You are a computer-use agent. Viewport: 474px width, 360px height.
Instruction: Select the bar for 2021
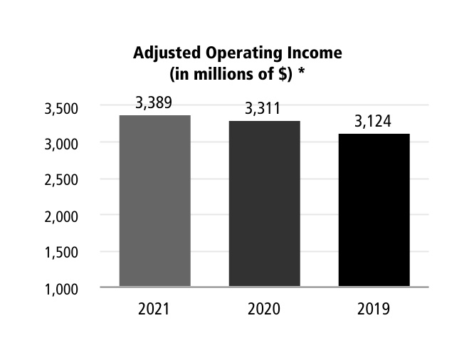pos(155,201)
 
